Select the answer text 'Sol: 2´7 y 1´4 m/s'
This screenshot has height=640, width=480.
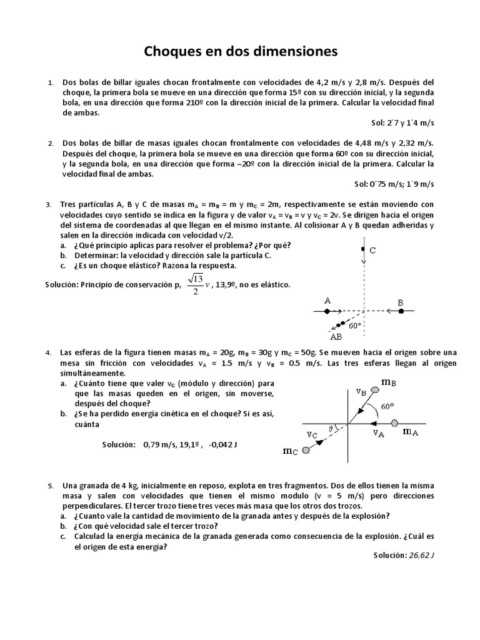pos(402,123)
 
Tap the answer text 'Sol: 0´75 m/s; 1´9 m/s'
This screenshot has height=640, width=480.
pos(394,184)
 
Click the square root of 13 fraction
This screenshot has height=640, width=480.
pos(196,284)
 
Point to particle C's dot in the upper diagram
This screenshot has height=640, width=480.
pos(362,249)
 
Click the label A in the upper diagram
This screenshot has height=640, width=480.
pos(327,301)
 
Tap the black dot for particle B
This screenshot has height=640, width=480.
pos(400,311)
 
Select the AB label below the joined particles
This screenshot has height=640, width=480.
pos(336,336)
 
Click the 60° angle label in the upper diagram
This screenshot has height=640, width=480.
pos(355,325)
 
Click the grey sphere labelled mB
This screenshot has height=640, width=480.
pos(374,390)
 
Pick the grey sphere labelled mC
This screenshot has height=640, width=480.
pos(306,449)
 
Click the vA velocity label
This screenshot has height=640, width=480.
pos(379,432)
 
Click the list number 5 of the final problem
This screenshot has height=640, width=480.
pos(51,486)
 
